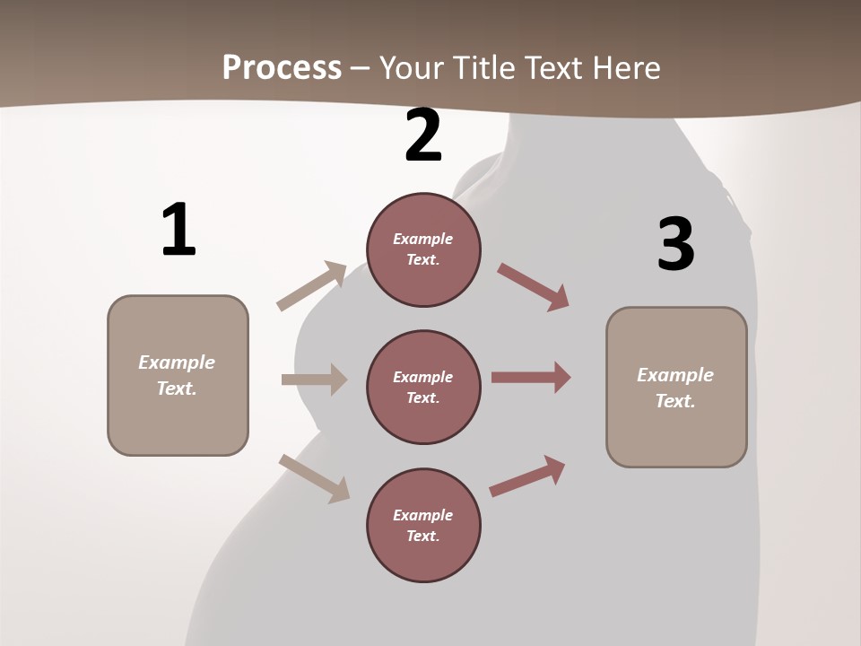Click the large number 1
pos(178,230)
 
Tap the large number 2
pos(423,136)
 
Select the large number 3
pos(675,244)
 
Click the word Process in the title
pos(282,67)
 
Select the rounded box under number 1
pos(178,375)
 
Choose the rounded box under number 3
pos(676,388)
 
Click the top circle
pos(423,249)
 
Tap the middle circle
pos(423,387)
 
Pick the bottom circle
pos(423,525)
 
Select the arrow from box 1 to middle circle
pos(314,380)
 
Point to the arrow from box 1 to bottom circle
pos(314,478)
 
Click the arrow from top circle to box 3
pos(534,286)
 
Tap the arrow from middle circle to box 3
pos(531,378)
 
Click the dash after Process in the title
pos(361,68)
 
